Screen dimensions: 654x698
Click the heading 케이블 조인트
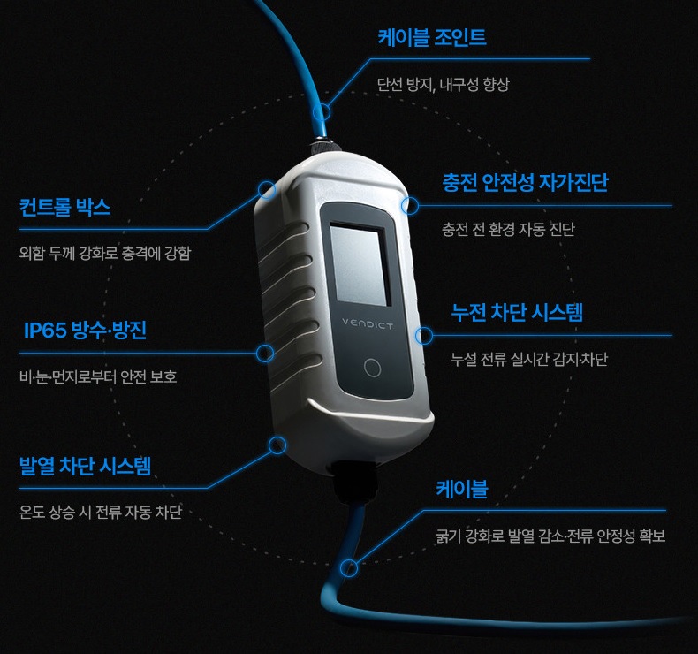point(432,38)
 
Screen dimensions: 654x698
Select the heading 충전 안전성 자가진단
point(525,183)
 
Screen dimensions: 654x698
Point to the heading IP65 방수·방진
point(85,331)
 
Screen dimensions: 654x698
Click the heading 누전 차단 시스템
point(517,312)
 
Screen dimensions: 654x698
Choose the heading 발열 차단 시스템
point(85,466)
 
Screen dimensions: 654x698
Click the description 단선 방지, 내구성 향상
point(443,85)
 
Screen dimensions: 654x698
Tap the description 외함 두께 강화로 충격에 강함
point(105,254)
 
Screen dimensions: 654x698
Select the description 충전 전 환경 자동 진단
point(508,230)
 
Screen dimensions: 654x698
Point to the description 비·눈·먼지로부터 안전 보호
point(98,377)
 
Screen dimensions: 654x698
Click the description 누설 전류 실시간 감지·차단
point(528,360)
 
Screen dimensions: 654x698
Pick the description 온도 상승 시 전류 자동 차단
point(101,513)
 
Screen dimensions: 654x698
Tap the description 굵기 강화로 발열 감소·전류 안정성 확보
point(550,536)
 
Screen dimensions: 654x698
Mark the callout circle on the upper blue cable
point(322,112)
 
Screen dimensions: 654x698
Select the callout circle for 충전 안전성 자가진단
point(409,206)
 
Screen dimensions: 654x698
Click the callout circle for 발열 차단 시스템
point(277,444)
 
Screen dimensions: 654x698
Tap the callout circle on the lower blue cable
point(350,567)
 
